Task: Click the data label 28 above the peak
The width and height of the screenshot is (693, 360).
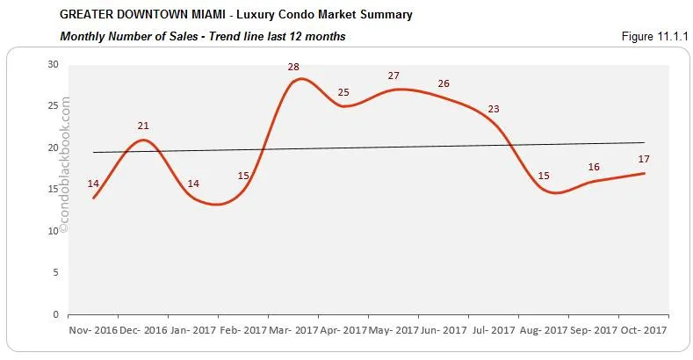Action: point(292,67)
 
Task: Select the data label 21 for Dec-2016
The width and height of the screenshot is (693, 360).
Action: point(143,126)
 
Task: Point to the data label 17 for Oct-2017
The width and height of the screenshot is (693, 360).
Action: point(644,159)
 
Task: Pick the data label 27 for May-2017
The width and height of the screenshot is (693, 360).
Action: point(393,76)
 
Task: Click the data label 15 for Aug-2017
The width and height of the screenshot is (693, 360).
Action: point(544,176)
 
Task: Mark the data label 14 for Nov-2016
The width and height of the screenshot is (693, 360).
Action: point(93,184)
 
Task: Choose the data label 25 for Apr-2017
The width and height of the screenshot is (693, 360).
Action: point(343,92)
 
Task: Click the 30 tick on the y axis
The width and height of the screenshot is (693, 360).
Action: point(54,64)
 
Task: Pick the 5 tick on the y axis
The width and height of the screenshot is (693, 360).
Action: point(56,272)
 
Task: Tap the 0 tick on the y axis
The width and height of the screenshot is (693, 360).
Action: point(56,313)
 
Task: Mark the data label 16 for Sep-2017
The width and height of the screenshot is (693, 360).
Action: point(594,167)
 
